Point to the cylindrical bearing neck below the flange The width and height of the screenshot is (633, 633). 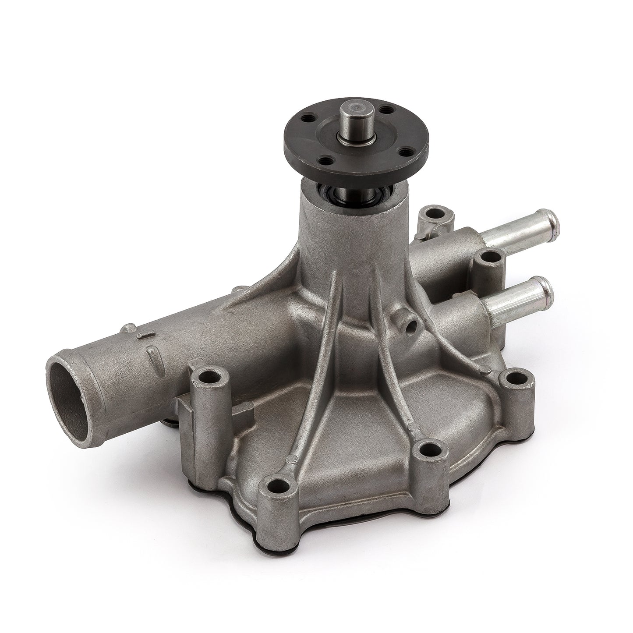(x=346, y=228)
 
